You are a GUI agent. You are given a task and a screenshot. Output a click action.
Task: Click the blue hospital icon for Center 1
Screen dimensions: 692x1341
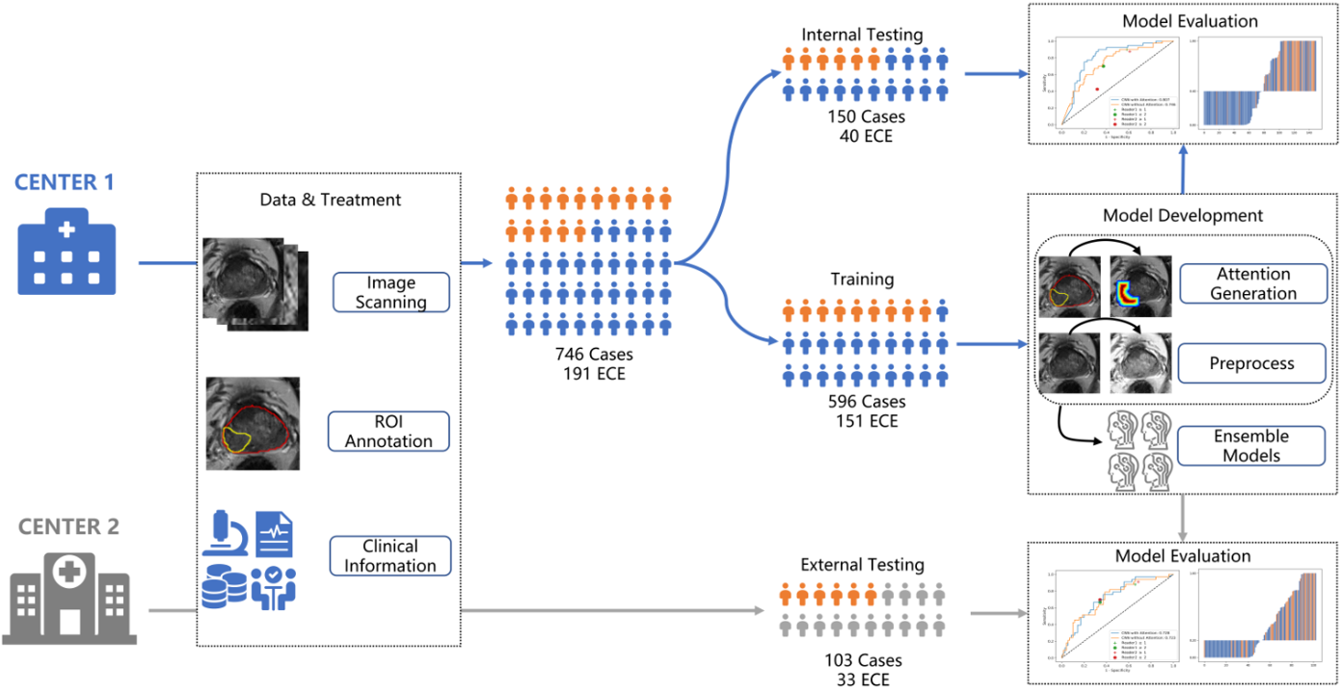coord(67,252)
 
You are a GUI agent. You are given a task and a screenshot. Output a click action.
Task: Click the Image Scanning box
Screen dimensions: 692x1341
coord(390,292)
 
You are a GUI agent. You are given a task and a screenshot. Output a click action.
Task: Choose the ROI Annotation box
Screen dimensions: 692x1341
coord(389,432)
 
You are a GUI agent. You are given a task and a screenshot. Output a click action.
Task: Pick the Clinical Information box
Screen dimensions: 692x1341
coord(389,556)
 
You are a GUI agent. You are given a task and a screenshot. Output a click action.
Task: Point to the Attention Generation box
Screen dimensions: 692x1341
coord(1253,284)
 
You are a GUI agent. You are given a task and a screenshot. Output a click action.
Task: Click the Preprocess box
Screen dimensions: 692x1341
coord(1253,364)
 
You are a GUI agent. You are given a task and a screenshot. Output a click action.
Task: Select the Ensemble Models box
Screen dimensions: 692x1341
coord(1251,446)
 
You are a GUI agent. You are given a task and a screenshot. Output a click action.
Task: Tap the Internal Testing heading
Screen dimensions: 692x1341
coord(862,35)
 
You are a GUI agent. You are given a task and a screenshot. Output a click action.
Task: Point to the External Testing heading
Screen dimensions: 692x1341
coord(862,565)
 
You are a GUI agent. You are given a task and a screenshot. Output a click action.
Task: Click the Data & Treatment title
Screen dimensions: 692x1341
coord(331,200)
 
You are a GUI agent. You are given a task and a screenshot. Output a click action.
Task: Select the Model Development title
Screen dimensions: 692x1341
coord(1183,215)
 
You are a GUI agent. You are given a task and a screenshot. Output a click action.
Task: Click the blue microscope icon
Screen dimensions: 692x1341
coord(227,536)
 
